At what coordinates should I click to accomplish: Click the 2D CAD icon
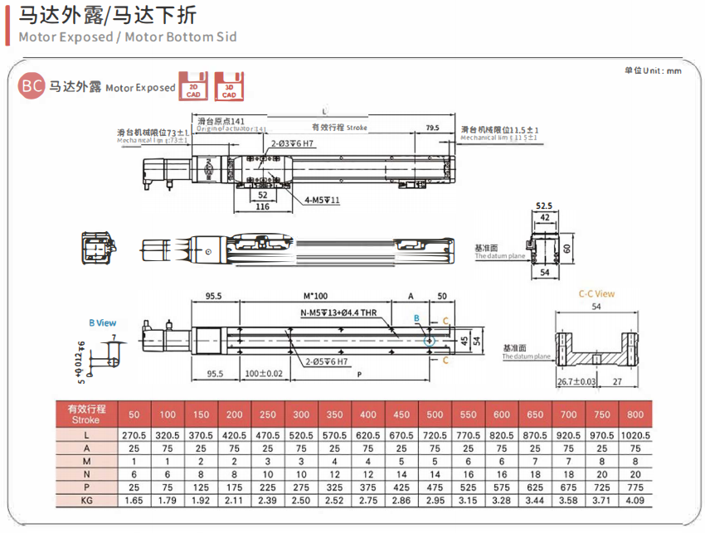(x=194, y=85)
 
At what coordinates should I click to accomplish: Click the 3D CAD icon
(x=230, y=85)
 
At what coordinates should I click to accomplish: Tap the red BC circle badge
(x=32, y=85)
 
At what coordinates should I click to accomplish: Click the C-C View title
(x=596, y=293)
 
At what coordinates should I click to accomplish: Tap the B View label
(x=103, y=322)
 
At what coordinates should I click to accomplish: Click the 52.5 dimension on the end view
(x=544, y=206)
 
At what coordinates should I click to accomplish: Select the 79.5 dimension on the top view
(x=432, y=128)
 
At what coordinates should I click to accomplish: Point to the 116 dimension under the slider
(x=262, y=206)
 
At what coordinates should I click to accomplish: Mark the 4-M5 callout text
(x=322, y=200)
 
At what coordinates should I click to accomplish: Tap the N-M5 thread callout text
(x=338, y=313)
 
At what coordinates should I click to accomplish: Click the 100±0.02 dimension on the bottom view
(x=264, y=374)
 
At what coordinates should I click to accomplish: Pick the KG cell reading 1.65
(x=134, y=502)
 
